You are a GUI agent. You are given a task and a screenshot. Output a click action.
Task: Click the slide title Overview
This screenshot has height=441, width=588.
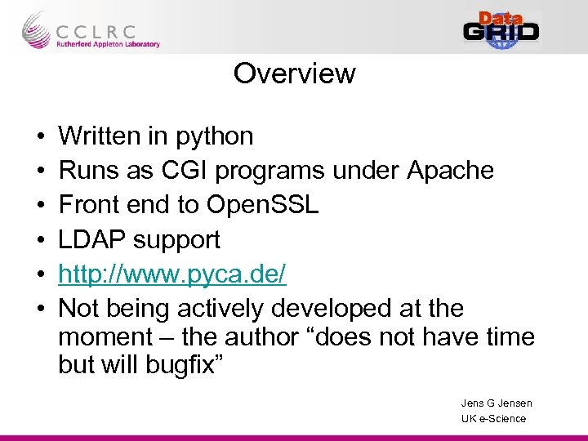click(x=294, y=73)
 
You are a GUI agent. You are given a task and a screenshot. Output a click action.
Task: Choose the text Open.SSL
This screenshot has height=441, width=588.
click(x=264, y=205)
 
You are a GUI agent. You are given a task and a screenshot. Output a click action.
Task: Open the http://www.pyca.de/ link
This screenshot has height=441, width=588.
click(x=172, y=274)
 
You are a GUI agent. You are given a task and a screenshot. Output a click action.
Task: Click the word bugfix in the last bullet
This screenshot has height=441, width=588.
click(x=180, y=364)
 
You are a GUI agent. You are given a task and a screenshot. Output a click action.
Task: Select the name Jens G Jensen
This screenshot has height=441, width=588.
click(x=497, y=403)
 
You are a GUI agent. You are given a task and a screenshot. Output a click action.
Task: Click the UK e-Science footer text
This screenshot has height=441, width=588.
click(x=494, y=419)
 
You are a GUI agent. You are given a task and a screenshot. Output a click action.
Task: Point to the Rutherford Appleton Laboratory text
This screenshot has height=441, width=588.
click(x=108, y=45)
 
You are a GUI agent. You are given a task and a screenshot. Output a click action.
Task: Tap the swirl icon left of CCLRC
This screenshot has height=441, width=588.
click(x=34, y=30)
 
